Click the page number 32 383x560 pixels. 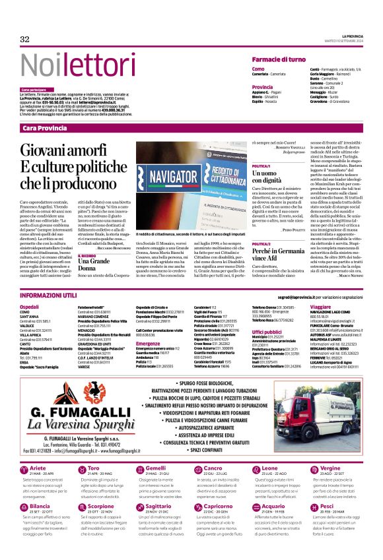point(25,39)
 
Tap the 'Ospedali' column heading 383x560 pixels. point(29,307)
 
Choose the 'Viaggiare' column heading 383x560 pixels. point(320,307)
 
